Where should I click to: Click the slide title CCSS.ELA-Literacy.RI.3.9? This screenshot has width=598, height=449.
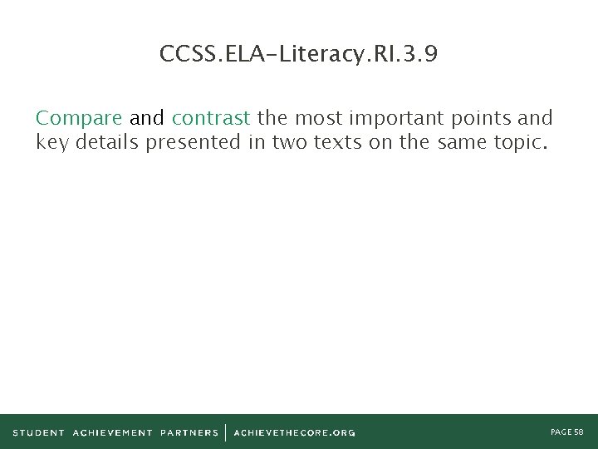coord(298,55)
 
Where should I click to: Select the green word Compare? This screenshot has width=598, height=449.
coord(80,119)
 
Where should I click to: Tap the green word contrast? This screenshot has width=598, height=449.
coord(210,119)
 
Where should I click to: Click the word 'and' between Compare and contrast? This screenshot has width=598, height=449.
coord(147,119)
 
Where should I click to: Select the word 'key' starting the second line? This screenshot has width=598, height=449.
coord(51,142)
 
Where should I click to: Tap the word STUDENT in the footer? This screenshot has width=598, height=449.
coord(38,432)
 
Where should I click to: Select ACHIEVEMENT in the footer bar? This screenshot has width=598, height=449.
coord(113,432)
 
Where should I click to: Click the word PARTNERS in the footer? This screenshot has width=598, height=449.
coord(189,432)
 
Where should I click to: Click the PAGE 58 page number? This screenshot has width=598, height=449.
coord(567,432)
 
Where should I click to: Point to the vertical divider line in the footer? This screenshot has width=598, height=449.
coord(226,432)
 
